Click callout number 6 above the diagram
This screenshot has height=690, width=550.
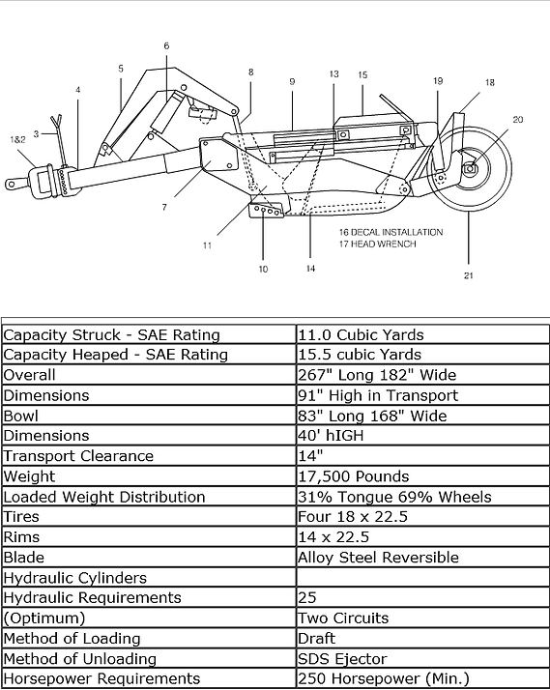click(x=166, y=45)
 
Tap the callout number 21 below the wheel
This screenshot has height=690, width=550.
click(x=469, y=275)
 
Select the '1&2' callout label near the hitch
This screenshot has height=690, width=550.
click(x=17, y=139)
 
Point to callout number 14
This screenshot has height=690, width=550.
click(x=310, y=269)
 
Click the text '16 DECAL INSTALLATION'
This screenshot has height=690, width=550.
click(x=391, y=232)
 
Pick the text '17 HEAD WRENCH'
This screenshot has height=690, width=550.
click(x=377, y=244)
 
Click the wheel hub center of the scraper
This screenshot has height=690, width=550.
click(x=471, y=167)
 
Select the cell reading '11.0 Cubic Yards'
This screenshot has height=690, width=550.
click(x=361, y=335)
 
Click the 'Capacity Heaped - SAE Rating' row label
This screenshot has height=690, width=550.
click(x=115, y=355)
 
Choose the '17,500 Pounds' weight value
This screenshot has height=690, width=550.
click(x=354, y=476)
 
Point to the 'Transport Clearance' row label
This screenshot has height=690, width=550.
click(x=78, y=456)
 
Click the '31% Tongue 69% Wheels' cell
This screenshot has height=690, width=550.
click(x=394, y=498)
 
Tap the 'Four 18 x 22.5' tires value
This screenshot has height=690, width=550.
click(x=353, y=517)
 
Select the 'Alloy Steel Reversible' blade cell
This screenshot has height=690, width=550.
click(x=378, y=558)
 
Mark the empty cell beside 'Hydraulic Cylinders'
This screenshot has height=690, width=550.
click(x=422, y=577)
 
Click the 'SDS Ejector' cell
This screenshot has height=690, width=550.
click(x=342, y=659)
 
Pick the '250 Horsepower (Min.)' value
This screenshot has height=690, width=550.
click(x=384, y=679)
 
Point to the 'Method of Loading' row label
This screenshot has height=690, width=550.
click(x=72, y=639)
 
